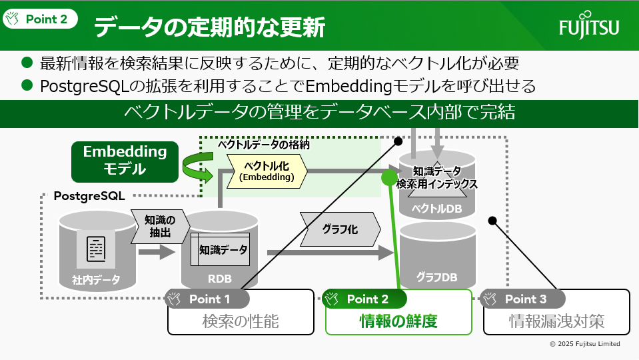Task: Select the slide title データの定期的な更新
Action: pos(209,27)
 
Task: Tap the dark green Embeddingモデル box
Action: pos(125,160)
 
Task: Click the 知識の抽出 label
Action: pos(159,227)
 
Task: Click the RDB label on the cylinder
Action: pos(220,279)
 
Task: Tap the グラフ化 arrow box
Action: pos(340,229)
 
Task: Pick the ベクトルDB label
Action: pos(436,208)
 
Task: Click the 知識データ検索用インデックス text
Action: pos(436,177)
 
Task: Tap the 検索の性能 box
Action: pos(240,321)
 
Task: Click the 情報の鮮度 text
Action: pos(398,321)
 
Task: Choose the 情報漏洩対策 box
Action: pos(556,321)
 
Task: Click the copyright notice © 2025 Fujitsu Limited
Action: pos(584,344)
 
